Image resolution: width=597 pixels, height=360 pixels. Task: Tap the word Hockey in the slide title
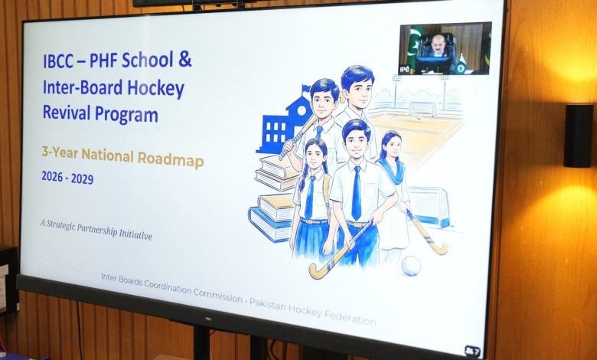156,88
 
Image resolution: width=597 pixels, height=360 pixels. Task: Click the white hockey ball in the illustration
411,265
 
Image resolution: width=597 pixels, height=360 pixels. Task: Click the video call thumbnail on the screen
444,49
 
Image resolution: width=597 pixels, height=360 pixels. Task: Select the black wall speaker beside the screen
578,136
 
